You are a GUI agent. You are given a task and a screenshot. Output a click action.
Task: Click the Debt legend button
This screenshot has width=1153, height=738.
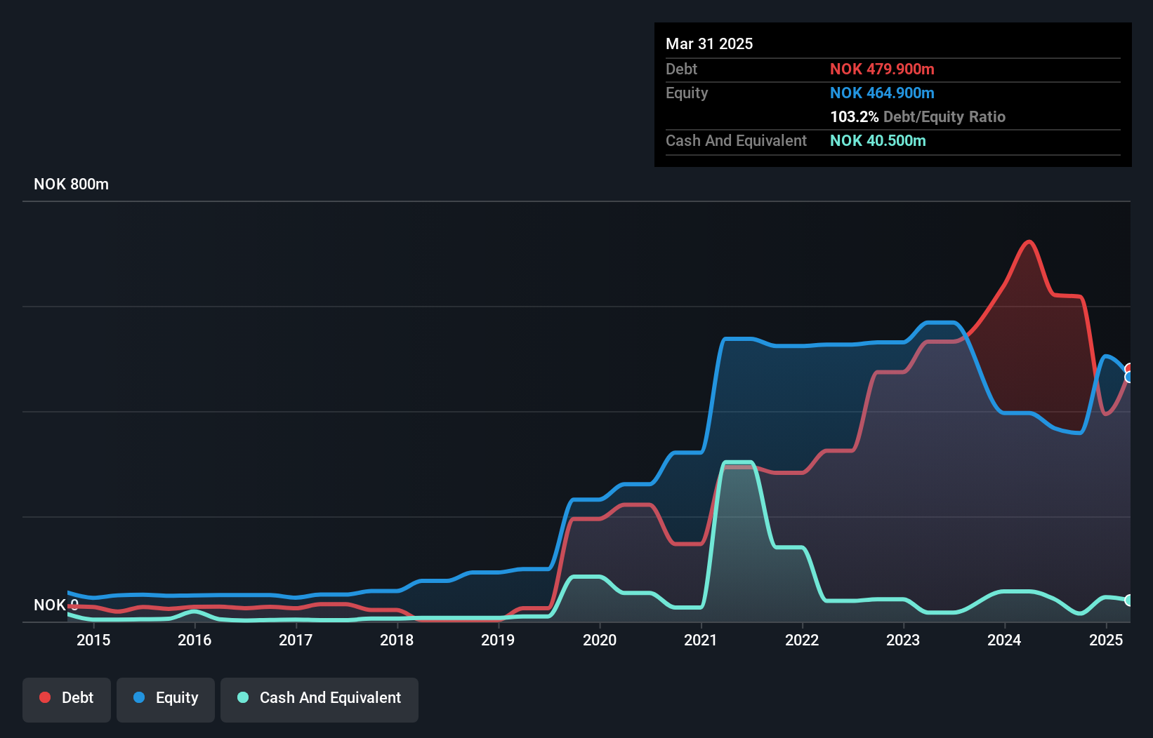(x=67, y=699)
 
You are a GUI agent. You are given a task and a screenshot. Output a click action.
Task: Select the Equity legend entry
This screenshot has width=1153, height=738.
(x=166, y=699)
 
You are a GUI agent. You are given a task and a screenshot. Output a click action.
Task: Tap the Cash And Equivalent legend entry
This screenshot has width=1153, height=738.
(x=319, y=699)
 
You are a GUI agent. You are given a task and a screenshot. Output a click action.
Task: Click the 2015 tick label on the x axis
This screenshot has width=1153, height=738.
(x=93, y=640)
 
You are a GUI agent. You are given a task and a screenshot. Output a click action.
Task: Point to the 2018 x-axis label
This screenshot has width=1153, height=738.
(x=397, y=640)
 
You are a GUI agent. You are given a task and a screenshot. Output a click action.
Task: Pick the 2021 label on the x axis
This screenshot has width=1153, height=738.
(x=701, y=640)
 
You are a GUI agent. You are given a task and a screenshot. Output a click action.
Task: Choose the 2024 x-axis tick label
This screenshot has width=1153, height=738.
(x=1004, y=640)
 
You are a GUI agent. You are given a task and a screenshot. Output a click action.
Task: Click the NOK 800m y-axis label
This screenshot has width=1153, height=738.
(x=71, y=184)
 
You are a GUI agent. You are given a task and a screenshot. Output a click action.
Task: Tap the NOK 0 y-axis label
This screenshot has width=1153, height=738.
(x=55, y=605)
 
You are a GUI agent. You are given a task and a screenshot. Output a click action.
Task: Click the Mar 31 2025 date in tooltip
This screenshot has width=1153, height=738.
(x=709, y=44)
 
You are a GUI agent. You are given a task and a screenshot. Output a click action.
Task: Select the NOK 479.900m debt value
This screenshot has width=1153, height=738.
(x=882, y=69)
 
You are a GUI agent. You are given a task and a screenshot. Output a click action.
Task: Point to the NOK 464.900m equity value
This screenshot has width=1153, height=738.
(x=882, y=93)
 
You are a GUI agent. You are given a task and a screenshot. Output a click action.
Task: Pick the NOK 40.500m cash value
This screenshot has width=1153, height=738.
(x=878, y=141)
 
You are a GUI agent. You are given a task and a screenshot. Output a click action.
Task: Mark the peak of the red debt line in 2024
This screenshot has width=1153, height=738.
(x=1029, y=242)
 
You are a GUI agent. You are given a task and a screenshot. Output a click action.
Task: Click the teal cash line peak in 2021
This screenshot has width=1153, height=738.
(x=737, y=462)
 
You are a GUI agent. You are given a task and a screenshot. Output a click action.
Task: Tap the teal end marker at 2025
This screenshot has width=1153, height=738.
(x=1128, y=600)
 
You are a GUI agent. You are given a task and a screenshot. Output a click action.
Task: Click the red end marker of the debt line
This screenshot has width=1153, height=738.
(x=1128, y=369)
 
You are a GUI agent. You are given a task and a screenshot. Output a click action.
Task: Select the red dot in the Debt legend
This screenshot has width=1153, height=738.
(x=45, y=697)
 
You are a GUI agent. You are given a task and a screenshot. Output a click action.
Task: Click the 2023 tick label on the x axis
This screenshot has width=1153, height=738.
(x=903, y=640)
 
